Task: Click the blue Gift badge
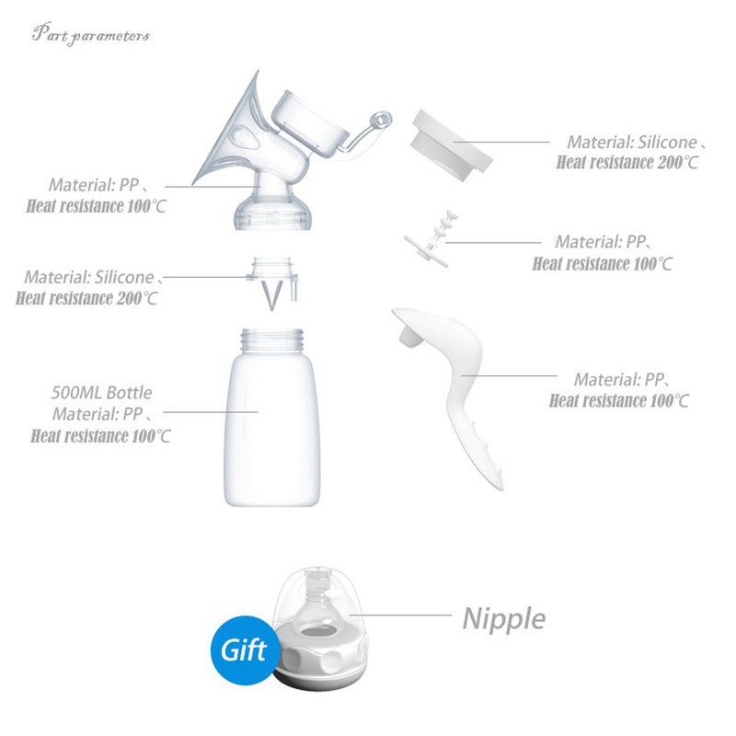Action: point(244,650)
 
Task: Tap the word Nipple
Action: point(503,619)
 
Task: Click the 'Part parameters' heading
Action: point(90,34)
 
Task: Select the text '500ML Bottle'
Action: point(101,393)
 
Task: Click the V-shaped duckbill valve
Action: point(272,294)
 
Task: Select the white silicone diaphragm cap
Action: point(451,144)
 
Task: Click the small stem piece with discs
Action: point(431,239)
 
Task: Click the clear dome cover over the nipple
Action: point(319,599)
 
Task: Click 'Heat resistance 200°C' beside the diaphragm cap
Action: point(627,163)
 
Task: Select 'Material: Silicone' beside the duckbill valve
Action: point(89,278)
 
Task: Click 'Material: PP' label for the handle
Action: point(619,379)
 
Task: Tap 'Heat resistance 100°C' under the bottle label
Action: point(100,436)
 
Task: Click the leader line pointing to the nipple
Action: point(400,615)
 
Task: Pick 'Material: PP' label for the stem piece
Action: point(601,242)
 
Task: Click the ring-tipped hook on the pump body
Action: point(369,132)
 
